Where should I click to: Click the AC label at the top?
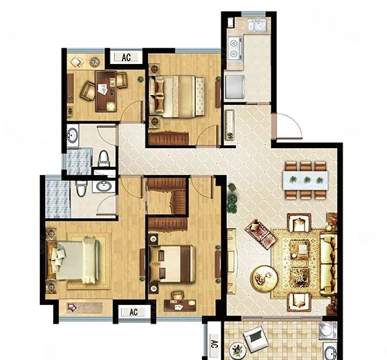[126, 57]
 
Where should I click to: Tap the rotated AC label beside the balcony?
[214, 344]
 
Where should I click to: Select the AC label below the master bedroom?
[133, 312]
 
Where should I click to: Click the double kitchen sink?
[257, 26]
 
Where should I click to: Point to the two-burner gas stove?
[234, 48]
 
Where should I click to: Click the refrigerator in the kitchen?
[235, 87]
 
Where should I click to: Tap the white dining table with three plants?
[306, 180]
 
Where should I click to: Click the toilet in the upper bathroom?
[104, 158]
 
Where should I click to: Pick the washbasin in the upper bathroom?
[73, 135]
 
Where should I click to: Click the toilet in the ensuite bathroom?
[81, 188]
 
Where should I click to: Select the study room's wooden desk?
[106, 92]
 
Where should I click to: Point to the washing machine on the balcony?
[328, 330]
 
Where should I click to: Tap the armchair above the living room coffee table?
[299, 223]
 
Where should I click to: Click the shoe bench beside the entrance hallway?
[230, 125]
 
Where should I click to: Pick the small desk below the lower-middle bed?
[180, 305]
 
